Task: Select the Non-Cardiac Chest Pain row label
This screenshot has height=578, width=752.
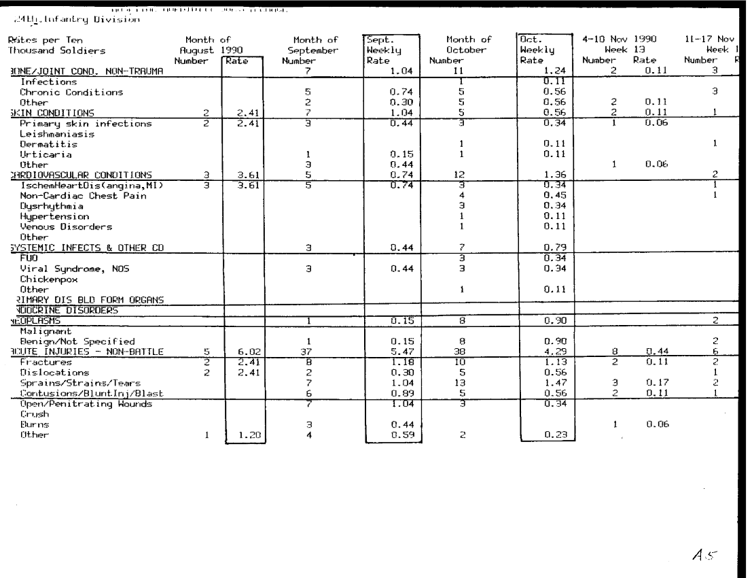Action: tap(71, 196)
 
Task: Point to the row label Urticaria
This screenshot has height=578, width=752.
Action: tap(39, 154)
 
